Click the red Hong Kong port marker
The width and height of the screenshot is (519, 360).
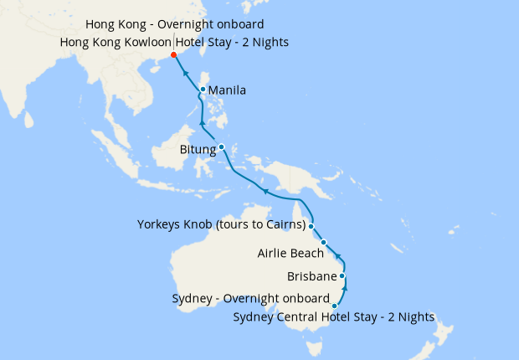173,55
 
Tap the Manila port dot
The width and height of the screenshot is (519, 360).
203,90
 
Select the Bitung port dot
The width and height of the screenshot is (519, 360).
221,147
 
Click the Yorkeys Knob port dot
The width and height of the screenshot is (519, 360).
311,226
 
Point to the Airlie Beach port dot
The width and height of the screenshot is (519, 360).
324,243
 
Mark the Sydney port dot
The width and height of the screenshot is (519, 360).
335,306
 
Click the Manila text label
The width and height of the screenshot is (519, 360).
227,90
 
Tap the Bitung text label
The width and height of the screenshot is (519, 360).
198,150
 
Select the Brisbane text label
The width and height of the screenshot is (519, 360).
311,276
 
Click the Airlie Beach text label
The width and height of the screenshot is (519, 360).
285,253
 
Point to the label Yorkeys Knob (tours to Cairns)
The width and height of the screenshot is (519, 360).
221,224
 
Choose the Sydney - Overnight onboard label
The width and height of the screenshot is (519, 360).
251,298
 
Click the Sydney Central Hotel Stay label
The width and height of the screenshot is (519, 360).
334,317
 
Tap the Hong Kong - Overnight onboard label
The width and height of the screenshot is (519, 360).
175,24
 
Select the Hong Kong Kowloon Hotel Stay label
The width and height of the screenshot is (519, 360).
175,42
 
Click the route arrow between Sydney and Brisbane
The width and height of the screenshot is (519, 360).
346,290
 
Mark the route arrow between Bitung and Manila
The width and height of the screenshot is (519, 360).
202,126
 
